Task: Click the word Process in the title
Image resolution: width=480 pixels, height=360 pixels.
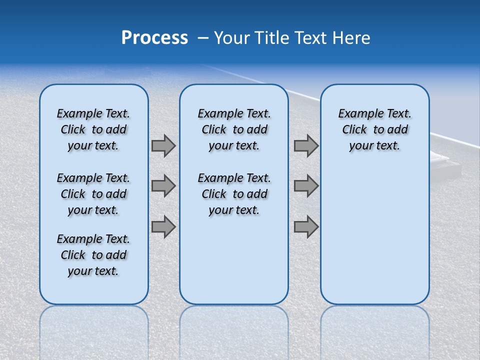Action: (154, 38)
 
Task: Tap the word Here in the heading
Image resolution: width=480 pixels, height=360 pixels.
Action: (351, 38)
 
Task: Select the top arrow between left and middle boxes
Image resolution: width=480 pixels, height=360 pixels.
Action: (163, 145)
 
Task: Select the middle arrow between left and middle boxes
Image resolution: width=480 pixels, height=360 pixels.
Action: (163, 186)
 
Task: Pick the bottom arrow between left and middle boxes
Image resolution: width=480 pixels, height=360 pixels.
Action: (163, 227)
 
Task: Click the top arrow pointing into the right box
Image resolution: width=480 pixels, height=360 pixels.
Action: (306, 145)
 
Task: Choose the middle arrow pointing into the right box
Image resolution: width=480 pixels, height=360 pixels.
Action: (306, 186)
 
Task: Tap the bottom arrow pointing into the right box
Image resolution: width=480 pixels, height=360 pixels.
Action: (306, 227)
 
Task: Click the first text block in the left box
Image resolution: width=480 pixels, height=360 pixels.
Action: (93, 129)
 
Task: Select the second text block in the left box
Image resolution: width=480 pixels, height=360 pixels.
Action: (93, 194)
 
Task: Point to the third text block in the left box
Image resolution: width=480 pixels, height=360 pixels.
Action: (93, 255)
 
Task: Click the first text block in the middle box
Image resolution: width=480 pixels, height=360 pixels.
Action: (234, 129)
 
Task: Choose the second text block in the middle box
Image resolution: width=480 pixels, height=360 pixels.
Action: (234, 194)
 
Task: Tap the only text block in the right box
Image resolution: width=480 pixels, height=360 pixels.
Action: (374, 129)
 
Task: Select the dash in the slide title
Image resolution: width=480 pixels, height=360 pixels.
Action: (203, 38)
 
